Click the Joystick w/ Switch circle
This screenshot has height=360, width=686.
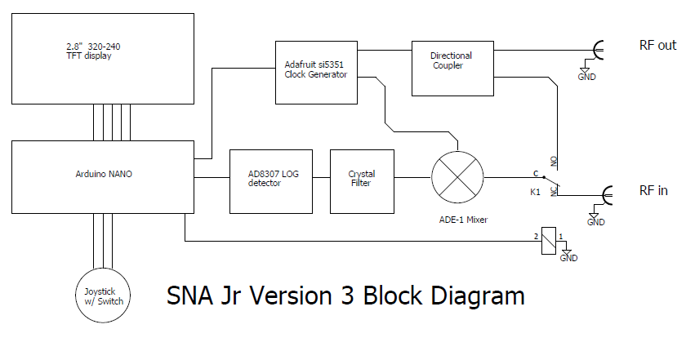[x=104, y=295]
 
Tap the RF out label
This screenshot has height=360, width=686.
[x=657, y=45]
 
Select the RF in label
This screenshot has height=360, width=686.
[x=653, y=191]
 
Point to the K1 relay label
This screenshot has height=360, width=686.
[x=535, y=193]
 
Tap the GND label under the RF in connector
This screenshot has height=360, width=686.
[x=596, y=222]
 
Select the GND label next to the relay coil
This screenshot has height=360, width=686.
[x=568, y=258]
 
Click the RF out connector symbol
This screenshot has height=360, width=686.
[x=599, y=51]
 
